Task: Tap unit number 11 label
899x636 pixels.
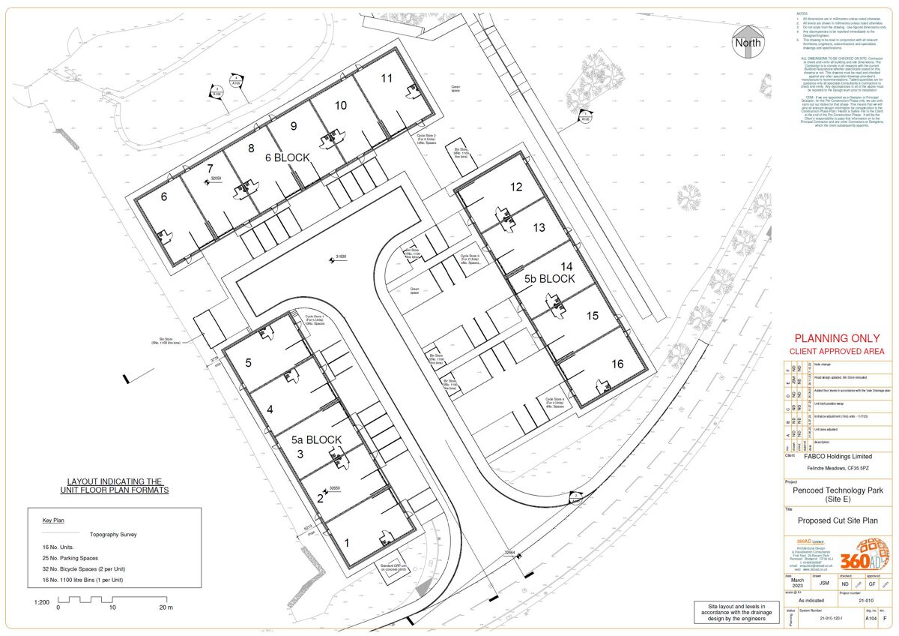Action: [x=387, y=78]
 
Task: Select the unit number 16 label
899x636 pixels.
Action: [x=617, y=364]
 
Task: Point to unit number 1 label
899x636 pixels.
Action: [x=346, y=543]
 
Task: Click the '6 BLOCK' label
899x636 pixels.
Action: [x=288, y=158]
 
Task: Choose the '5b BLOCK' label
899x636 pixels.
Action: [x=549, y=278]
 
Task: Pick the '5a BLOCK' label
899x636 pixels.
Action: [x=316, y=440]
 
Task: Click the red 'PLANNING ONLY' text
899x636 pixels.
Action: [x=837, y=338]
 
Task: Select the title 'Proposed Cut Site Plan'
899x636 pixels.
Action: [x=837, y=520]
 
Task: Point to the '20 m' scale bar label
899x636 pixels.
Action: [x=165, y=607]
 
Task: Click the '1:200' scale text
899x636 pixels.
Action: [x=42, y=602]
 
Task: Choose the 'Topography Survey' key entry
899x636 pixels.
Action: [x=113, y=535]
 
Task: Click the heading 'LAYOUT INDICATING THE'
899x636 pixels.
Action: [x=115, y=481]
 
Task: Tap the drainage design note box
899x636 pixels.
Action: [x=733, y=611]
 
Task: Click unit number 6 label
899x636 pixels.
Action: [x=164, y=197]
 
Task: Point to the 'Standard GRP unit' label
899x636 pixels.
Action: [x=393, y=567]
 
